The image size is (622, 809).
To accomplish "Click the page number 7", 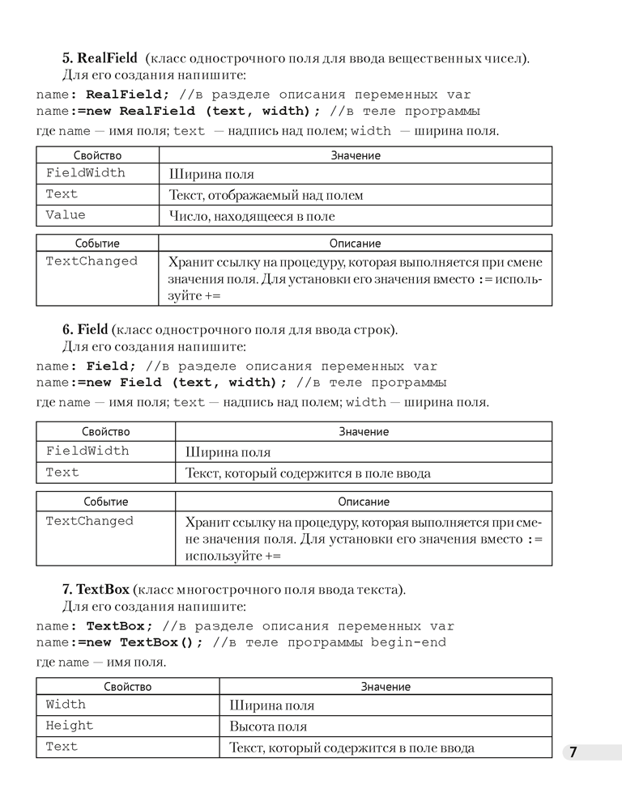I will [573, 752].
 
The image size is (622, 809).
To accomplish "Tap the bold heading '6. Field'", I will [85, 329].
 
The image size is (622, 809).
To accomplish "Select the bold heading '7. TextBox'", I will [96, 589].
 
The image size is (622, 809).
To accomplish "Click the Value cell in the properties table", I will [66, 215].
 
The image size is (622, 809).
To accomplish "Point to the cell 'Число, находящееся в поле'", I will [251, 216].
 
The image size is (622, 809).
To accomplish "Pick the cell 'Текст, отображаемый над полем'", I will [266, 195].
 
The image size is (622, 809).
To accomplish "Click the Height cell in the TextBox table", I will [70, 726].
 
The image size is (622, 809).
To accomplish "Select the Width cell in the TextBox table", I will [66, 705].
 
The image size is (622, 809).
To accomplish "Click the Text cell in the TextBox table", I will [62, 747].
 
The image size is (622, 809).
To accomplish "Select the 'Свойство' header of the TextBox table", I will [127, 686].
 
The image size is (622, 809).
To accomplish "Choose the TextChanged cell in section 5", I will [92, 261].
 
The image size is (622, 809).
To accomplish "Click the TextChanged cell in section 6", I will [89, 521].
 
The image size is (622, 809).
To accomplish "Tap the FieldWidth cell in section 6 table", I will [87, 451].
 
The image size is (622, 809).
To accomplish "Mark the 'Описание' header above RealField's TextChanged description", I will [355, 243].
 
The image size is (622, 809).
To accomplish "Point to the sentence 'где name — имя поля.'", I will [101, 663].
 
